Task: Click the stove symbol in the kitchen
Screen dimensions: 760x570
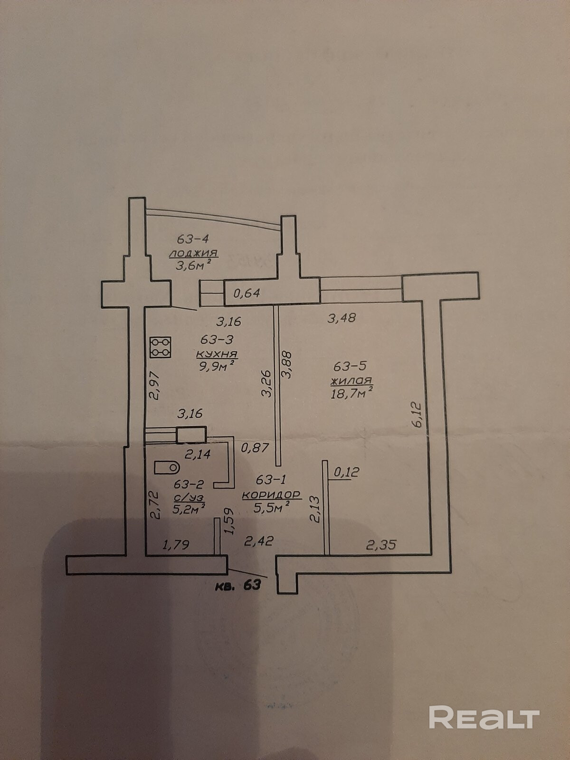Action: [161, 347]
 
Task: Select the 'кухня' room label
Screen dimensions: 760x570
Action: [217, 354]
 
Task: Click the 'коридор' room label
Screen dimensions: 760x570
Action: [271, 494]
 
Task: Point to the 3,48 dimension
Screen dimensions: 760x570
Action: [342, 317]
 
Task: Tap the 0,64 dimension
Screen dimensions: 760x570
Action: [247, 293]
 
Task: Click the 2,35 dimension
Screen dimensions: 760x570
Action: [381, 544]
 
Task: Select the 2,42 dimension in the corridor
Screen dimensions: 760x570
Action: [258, 541]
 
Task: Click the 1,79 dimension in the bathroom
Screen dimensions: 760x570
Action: [176, 544]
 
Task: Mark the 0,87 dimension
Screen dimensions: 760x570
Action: [255, 447]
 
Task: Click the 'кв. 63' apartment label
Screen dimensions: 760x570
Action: [238, 585]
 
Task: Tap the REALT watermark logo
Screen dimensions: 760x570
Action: [484, 718]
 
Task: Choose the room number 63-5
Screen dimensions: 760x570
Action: [350, 366]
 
